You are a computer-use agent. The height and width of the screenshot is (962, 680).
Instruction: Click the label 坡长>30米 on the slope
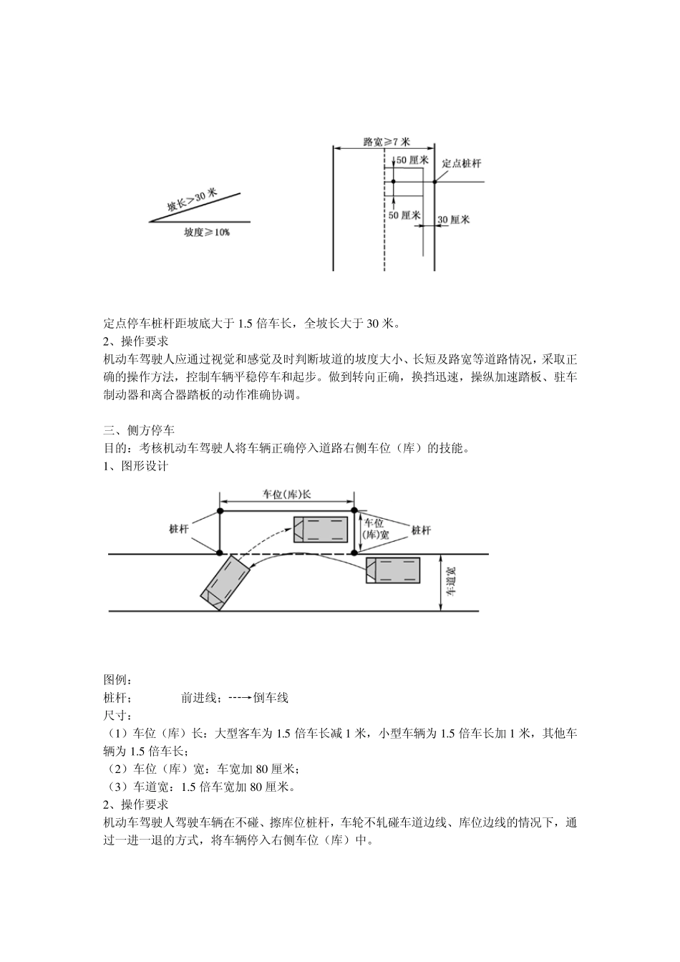pos(192,201)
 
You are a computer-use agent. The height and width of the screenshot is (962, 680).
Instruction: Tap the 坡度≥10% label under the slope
pos(207,233)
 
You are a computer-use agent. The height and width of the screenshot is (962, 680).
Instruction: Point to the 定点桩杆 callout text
pos(462,163)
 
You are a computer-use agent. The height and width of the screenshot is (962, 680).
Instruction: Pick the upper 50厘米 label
pos(412,160)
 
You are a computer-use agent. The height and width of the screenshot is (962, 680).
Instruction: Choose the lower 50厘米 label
pos(404,215)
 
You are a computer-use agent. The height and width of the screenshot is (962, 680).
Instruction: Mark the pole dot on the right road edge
pos(435,182)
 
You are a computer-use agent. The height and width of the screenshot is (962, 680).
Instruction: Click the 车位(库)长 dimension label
pos(286,494)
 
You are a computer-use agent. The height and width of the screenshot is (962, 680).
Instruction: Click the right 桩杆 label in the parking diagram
pos(421,530)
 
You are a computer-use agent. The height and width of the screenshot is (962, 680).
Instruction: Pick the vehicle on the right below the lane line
pos(393,570)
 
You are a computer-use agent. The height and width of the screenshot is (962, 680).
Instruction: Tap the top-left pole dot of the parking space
pos(220,511)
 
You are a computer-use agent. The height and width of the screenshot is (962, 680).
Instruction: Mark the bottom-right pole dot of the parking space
pos(354,553)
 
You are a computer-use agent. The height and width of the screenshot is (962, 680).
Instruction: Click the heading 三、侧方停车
pos(139,431)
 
